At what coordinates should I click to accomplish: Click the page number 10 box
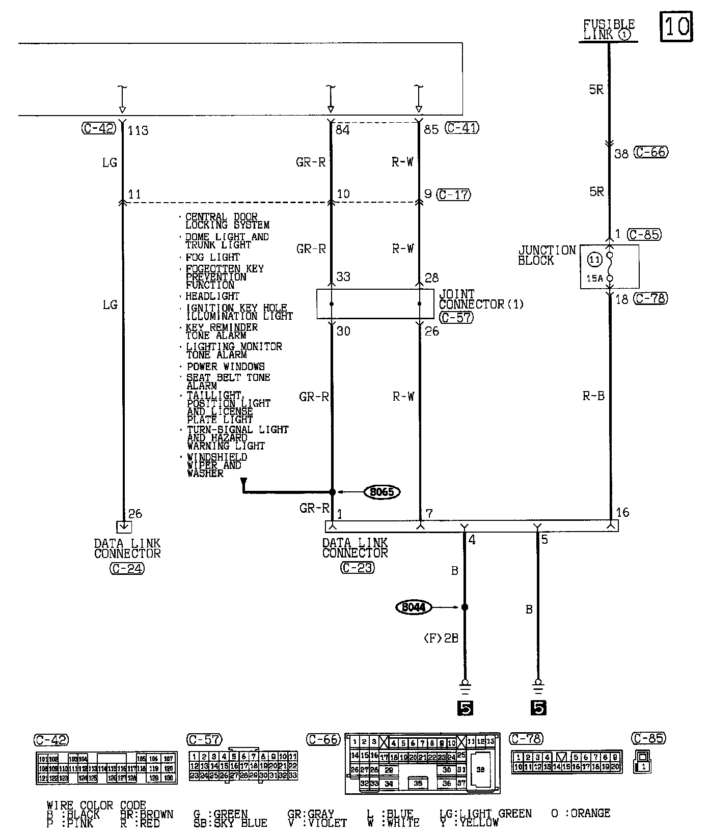pyautogui.click(x=677, y=26)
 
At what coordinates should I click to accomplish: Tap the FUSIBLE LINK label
pyautogui.click(x=608, y=30)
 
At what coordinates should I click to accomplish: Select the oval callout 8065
pyautogui.click(x=382, y=492)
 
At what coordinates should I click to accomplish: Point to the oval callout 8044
pyautogui.click(x=414, y=607)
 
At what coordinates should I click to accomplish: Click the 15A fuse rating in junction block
pyautogui.click(x=594, y=279)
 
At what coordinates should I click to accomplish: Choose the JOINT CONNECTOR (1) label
pyautogui.click(x=481, y=299)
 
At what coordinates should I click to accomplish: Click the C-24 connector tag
pyautogui.click(x=127, y=569)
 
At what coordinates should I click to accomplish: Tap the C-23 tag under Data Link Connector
pyautogui.click(x=357, y=568)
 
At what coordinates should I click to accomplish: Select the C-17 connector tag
pyautogui.click(x=454, y=195)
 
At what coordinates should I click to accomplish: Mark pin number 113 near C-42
pyautogui.click(x=138, y=131)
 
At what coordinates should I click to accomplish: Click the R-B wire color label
pyautogui.click(x=593, y=396)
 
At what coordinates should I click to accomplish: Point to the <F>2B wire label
pyautogui.click(x=441, y=638)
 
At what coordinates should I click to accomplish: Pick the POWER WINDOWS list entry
pyautogui.click(x=226, y=367)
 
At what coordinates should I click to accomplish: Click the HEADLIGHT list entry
pyautogui.click(x=212, y=296)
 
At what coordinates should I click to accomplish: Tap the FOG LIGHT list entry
pyautogui.click(x=212, y=257)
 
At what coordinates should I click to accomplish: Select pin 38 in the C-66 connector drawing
pyautogui.click(x=480, y=770)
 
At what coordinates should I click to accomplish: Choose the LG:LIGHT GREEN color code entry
pyautogui.click(x=485, y=814)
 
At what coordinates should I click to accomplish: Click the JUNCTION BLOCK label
pyautogui.click(x=547, y=255)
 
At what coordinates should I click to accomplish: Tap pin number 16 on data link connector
pyautogui.click(x=622, y=512)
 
